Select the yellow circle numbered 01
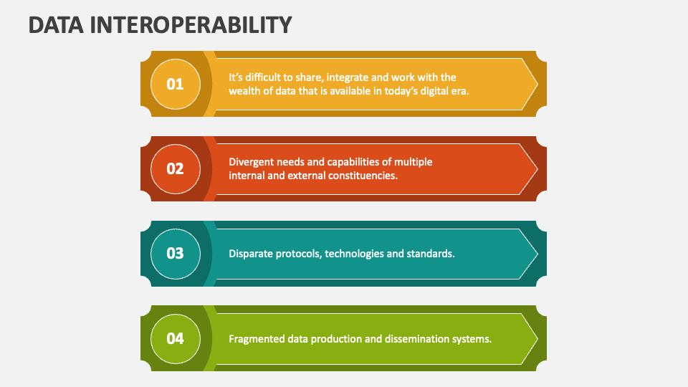point(176,84)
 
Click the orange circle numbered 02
point(176,168)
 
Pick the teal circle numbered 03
point(176,253)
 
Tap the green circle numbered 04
point(176,338)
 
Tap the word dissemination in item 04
point(416,339)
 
